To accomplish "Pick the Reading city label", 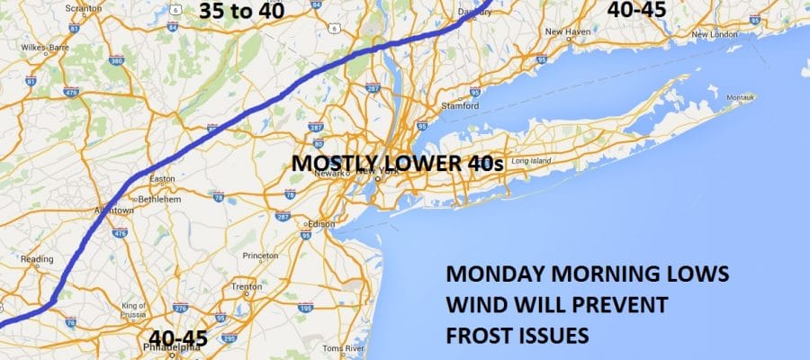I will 31,259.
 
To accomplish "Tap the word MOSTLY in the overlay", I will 323,164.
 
